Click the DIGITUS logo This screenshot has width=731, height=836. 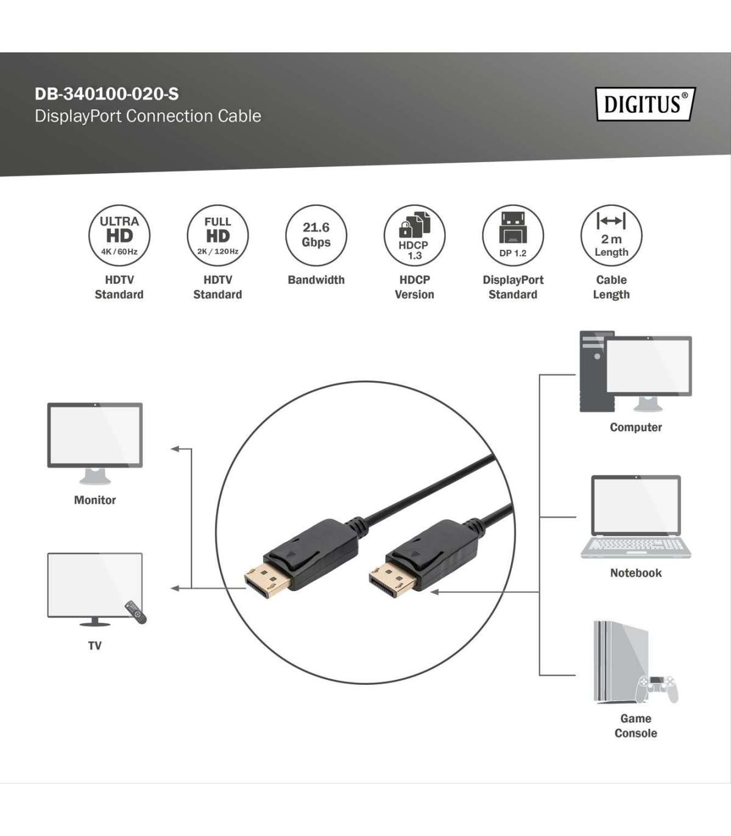[x=646, y=104]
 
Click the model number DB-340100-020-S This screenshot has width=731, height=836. [x=107, y=94]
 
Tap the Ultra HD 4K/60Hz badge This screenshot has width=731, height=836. [x=119, y=236]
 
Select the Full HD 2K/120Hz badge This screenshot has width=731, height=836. [x=217, y=236]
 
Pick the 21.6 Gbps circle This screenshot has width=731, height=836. [x=316, y=236]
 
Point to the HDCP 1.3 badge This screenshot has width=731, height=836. [x=414, y=236]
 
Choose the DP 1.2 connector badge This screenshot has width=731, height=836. [x=513, y=236]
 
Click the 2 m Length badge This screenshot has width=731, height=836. [x=612, y=236]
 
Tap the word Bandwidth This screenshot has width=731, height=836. [x=316, y=280]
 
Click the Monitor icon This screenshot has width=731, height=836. [x=95, y=444]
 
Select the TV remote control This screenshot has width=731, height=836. [x=136, y=612]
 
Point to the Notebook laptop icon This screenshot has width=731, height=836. [x=636, y=517]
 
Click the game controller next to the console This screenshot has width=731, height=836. [x=656, y=689]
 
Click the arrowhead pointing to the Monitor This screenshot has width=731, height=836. [x=175, y=449]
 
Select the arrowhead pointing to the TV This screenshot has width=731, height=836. [x=175, y=589]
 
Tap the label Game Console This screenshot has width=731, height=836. [x=636, y=726]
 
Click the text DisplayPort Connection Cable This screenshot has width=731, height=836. [x=148, y=116]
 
